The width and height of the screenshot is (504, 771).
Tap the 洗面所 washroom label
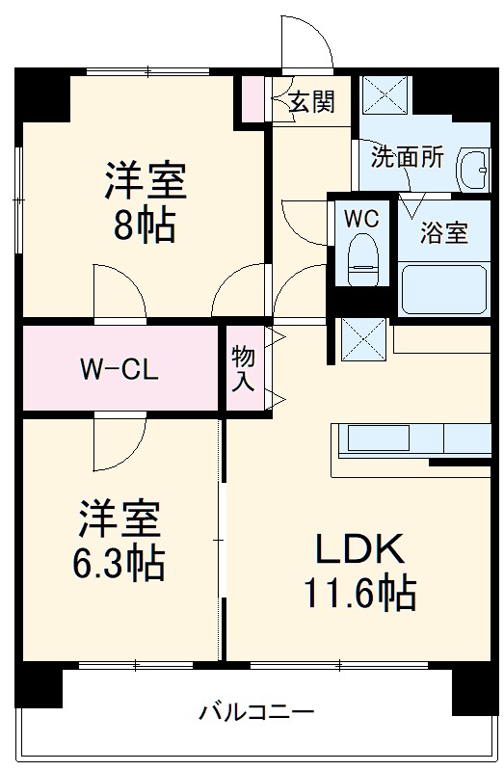click(409, 157)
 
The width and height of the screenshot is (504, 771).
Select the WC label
click(362, 218)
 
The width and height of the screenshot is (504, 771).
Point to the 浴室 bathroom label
click(444, 232)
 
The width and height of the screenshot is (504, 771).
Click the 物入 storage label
click(243, 369)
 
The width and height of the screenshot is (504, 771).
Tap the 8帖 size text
click(145, 225)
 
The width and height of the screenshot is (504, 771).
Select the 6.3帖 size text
click(120, 563)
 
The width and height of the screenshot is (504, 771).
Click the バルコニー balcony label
click(255, 714)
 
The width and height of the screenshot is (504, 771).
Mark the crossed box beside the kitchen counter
click(363, 337)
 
